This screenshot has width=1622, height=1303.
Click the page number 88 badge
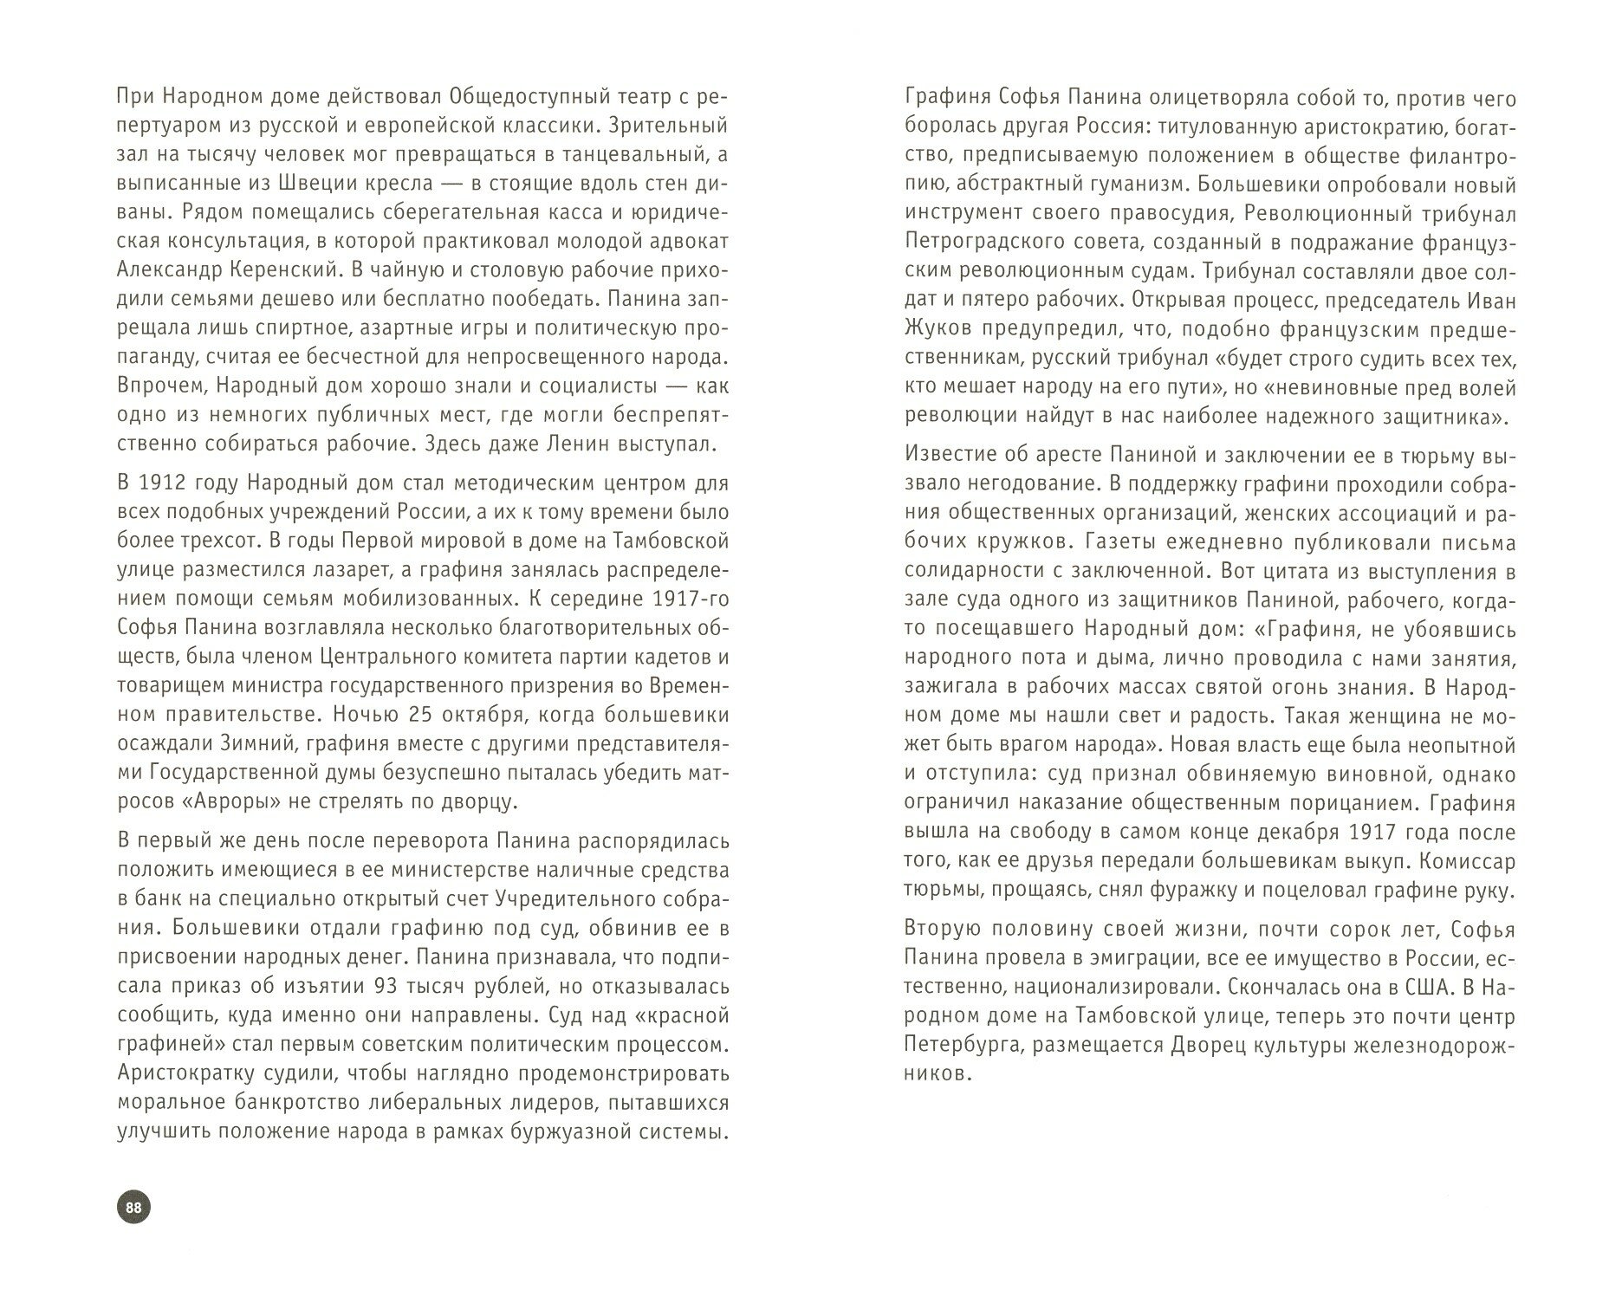(x=133, y=1208)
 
